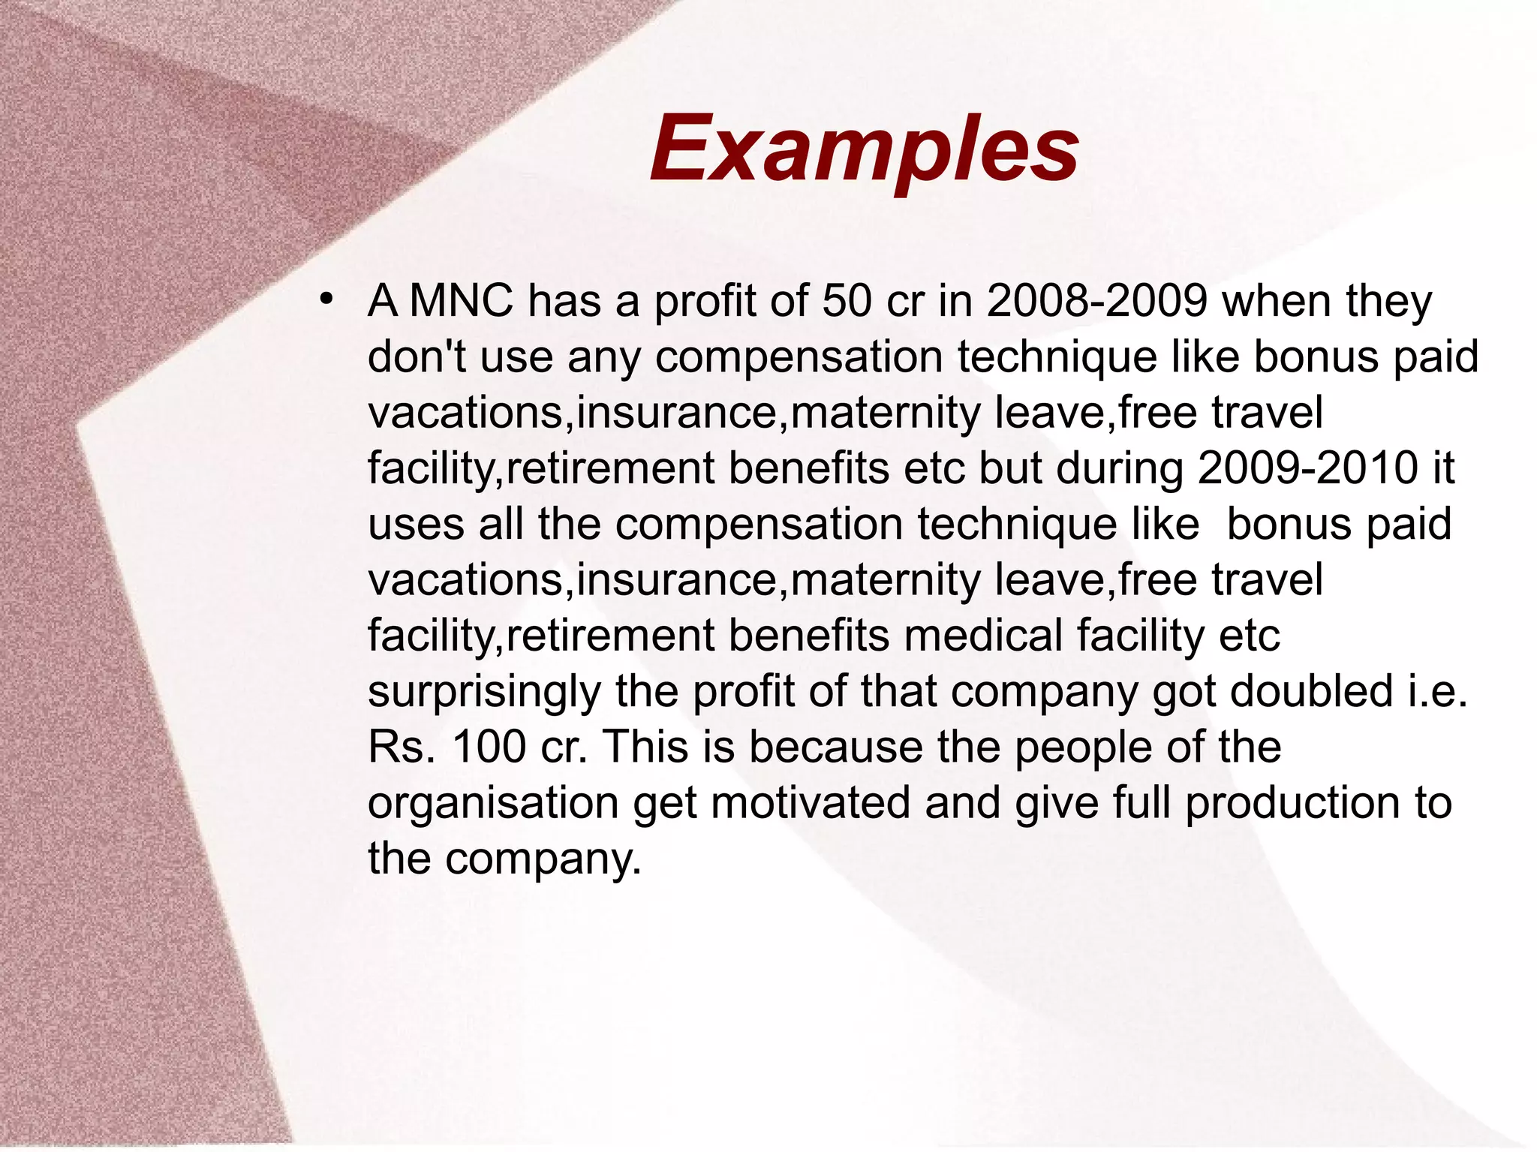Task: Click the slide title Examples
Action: [864, 148]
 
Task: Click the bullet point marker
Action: [325, 300]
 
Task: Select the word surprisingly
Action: [484, 692]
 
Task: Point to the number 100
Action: [489, 747]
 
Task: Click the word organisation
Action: [493, 804]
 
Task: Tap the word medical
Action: [983, 636]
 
